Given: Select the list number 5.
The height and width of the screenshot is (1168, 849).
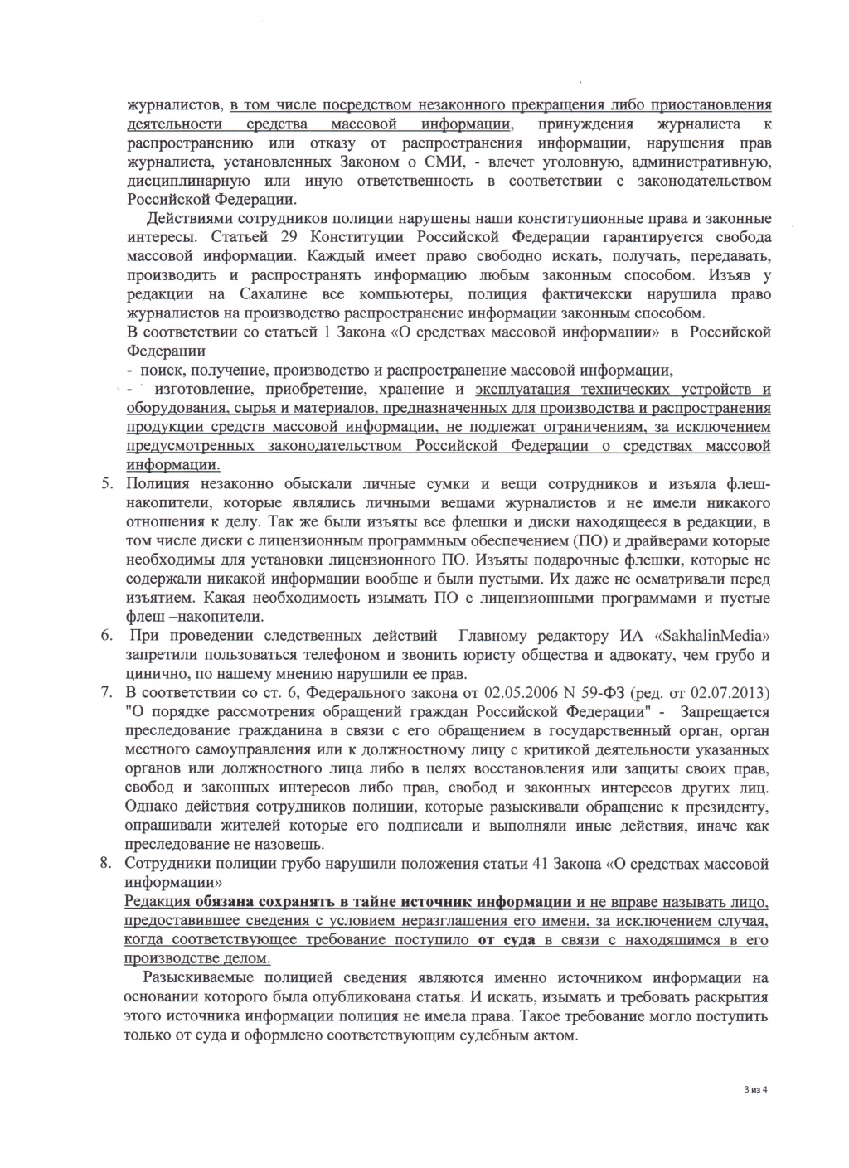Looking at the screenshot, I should (x=106, y=484).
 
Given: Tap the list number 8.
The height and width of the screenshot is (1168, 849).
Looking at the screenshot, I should (x=106, y=863).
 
